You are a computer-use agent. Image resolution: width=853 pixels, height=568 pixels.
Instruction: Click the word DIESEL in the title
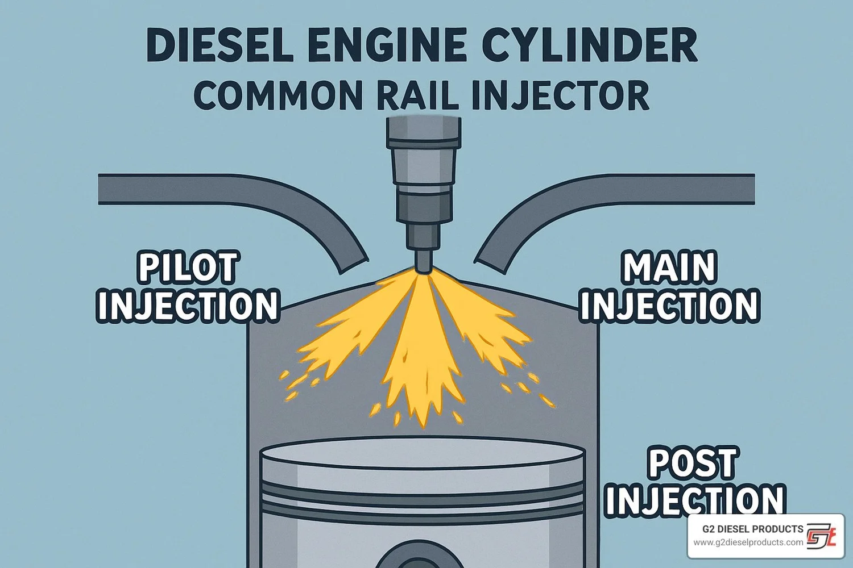[x=219, y=45]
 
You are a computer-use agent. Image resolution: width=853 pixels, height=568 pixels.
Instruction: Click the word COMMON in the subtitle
[x=278, y=95]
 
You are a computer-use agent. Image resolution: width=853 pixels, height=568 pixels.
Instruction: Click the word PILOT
[x=188, y=268]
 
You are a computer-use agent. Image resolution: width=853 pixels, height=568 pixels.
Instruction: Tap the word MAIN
[x=669, y=268]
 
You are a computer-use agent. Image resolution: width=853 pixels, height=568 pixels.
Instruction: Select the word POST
[x=693, y=463]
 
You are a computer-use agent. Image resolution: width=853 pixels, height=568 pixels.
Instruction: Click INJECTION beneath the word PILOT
[x=188, y=307]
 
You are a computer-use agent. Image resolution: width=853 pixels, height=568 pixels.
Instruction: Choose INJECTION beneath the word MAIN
[x=669, y=307]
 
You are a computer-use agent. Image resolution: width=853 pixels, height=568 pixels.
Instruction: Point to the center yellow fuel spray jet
[x=419, y=352]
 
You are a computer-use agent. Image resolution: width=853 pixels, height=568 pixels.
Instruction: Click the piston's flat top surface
[x=423, y=454]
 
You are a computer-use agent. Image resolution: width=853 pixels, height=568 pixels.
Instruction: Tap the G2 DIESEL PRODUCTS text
[x=752, y=529]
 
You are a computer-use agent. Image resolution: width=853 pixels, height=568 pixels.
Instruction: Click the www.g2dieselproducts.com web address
[x=748, y=542]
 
